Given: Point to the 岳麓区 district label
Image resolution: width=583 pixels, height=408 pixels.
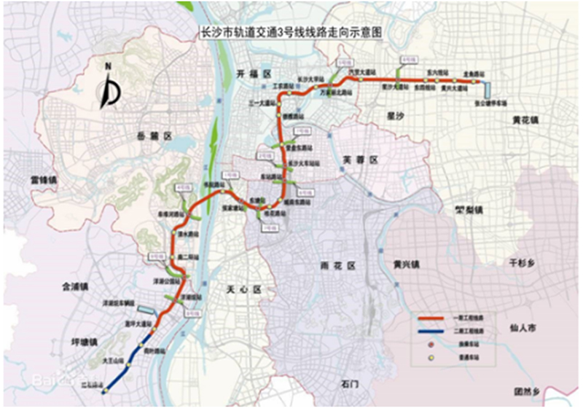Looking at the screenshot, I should pyautogui.click(x=156, y=136).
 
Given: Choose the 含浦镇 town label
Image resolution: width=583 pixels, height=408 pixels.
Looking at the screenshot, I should pyautogui.click(x=76, y=288).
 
